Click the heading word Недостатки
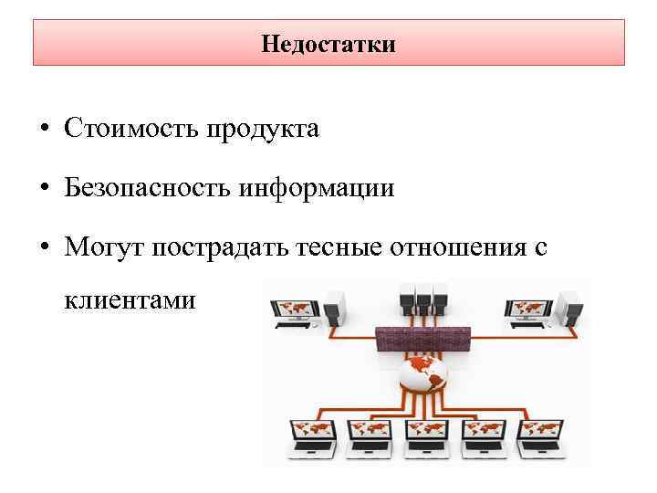[328, 44]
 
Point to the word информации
[317, 189]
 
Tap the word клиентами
[130, 299]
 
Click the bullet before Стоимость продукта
[45, 130]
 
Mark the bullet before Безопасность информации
[45, 190]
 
